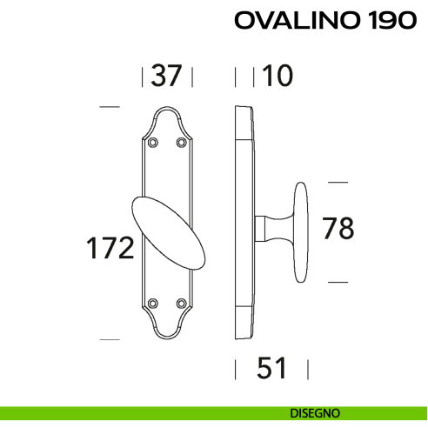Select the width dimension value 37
coord(166,77)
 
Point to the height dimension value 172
coord(110,249)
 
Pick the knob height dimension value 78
coord(338,229)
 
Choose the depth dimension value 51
coord(272,369)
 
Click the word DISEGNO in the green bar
coord(316,412)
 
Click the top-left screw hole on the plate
coord(153,141)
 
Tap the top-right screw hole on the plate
coord(182,141)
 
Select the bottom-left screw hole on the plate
coord(153,303)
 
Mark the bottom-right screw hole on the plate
coord(182,303)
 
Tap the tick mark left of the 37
coord(143,77)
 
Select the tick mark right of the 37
coord(192,77)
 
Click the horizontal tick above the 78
coord(337,183)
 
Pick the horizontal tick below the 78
coord(337,282)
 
